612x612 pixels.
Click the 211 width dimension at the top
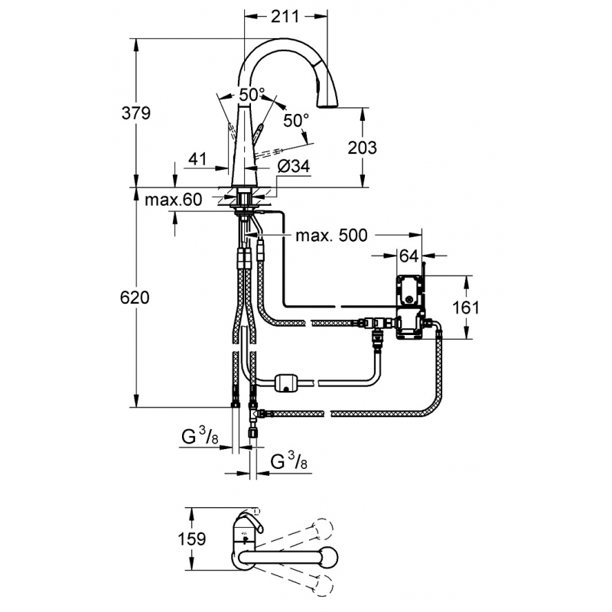pos(285,16)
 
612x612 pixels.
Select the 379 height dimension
pos(136,113)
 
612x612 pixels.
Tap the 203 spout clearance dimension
pos(362,148)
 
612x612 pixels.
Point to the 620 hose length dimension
pos(135,298)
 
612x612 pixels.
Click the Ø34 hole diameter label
pos(294,167)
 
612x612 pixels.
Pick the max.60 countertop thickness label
pos(174,200)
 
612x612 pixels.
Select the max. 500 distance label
pos(331,235)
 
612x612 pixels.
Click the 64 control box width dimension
pos(409,256)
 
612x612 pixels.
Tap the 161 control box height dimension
pos(466,308)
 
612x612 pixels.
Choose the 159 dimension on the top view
pos(192,539)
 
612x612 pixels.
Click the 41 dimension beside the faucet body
pos(197,159)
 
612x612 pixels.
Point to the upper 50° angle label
pos(252,94)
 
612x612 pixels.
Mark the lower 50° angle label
pos(296,120)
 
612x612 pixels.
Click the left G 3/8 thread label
pos(200,438)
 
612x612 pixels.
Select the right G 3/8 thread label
pos(289,464)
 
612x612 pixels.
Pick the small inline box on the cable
pos(287,382)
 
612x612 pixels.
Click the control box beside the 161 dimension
pos(411,308)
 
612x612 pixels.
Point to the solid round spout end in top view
pos(327,555)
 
